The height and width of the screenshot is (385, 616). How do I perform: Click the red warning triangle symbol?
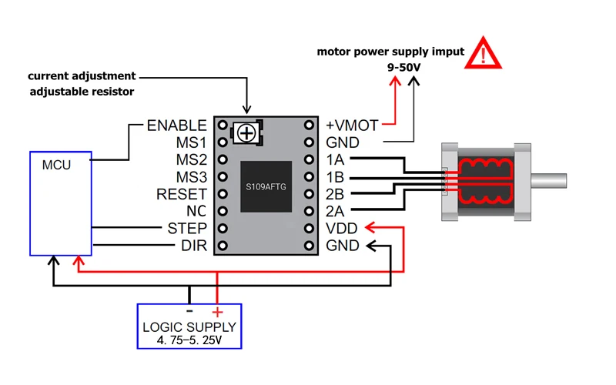click(483, 53)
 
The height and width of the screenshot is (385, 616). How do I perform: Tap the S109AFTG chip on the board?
click(266, 186)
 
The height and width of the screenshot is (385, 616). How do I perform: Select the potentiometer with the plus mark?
click(246, 133)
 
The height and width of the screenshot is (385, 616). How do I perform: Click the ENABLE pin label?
click(177, 126)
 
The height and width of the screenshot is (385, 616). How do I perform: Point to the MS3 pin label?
click(191, 177)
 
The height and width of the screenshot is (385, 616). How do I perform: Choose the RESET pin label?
click(182, 194)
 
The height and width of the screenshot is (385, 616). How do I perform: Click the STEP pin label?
click(187, 228)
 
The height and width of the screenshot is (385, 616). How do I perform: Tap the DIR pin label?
click(194, 246)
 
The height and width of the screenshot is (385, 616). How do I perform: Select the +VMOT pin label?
click(352, 126)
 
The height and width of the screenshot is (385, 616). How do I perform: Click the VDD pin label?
click(341, 228)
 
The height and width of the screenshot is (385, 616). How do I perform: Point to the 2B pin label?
click(335, 194)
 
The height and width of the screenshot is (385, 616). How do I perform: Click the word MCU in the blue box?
click(56, 165)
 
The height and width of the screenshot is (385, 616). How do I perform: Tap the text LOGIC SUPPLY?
click(189, 326)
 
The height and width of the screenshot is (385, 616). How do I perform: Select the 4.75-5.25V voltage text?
click(189, 340)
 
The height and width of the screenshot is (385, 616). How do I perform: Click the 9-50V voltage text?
click(403, 67)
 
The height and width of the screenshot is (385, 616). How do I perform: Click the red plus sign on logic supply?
click(217, 312)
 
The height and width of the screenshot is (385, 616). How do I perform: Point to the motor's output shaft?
click(549, 181)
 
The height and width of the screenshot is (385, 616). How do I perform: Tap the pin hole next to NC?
click(223, 211)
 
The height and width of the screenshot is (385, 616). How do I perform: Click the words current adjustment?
click(82, 75)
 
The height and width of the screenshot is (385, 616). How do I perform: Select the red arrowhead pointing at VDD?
click(370, 227)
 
